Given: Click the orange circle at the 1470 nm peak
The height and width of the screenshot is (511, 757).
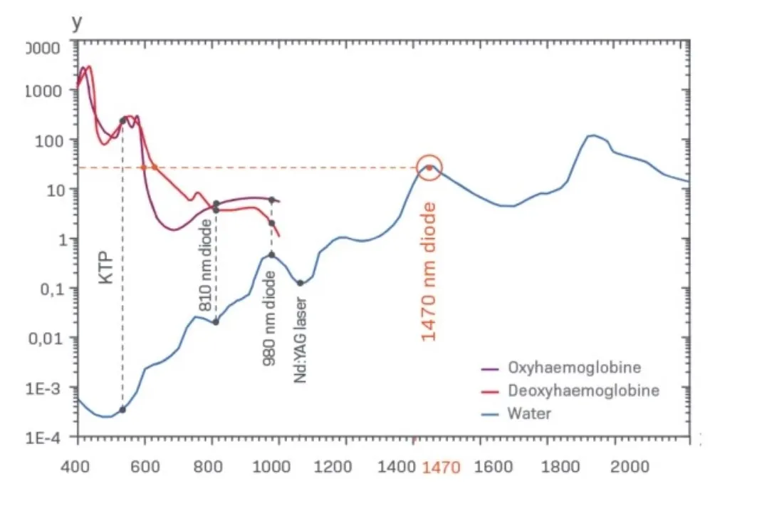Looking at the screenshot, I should [x=429, y=167].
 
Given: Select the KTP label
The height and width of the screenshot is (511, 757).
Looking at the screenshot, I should [x=106, y=267].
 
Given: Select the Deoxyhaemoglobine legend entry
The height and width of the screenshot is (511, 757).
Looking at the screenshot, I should [x=583, y=391].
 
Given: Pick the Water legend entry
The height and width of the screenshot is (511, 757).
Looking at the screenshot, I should [x=529, y=413].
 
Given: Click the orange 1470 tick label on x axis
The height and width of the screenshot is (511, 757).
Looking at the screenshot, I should [x=442, y=468].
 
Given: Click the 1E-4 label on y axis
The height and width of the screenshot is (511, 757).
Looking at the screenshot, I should [x=42, y=438].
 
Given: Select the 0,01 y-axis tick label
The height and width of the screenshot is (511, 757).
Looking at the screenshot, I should [x=45, y=339].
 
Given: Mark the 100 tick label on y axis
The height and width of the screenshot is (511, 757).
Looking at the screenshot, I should [x=48, y=140].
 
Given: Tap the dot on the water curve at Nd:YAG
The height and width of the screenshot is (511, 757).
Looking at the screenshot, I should [x=301, y=283].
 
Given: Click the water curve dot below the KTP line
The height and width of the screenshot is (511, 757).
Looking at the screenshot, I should [x=122, y=409].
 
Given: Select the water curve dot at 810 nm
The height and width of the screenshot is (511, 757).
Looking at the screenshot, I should [x=216, y=321].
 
